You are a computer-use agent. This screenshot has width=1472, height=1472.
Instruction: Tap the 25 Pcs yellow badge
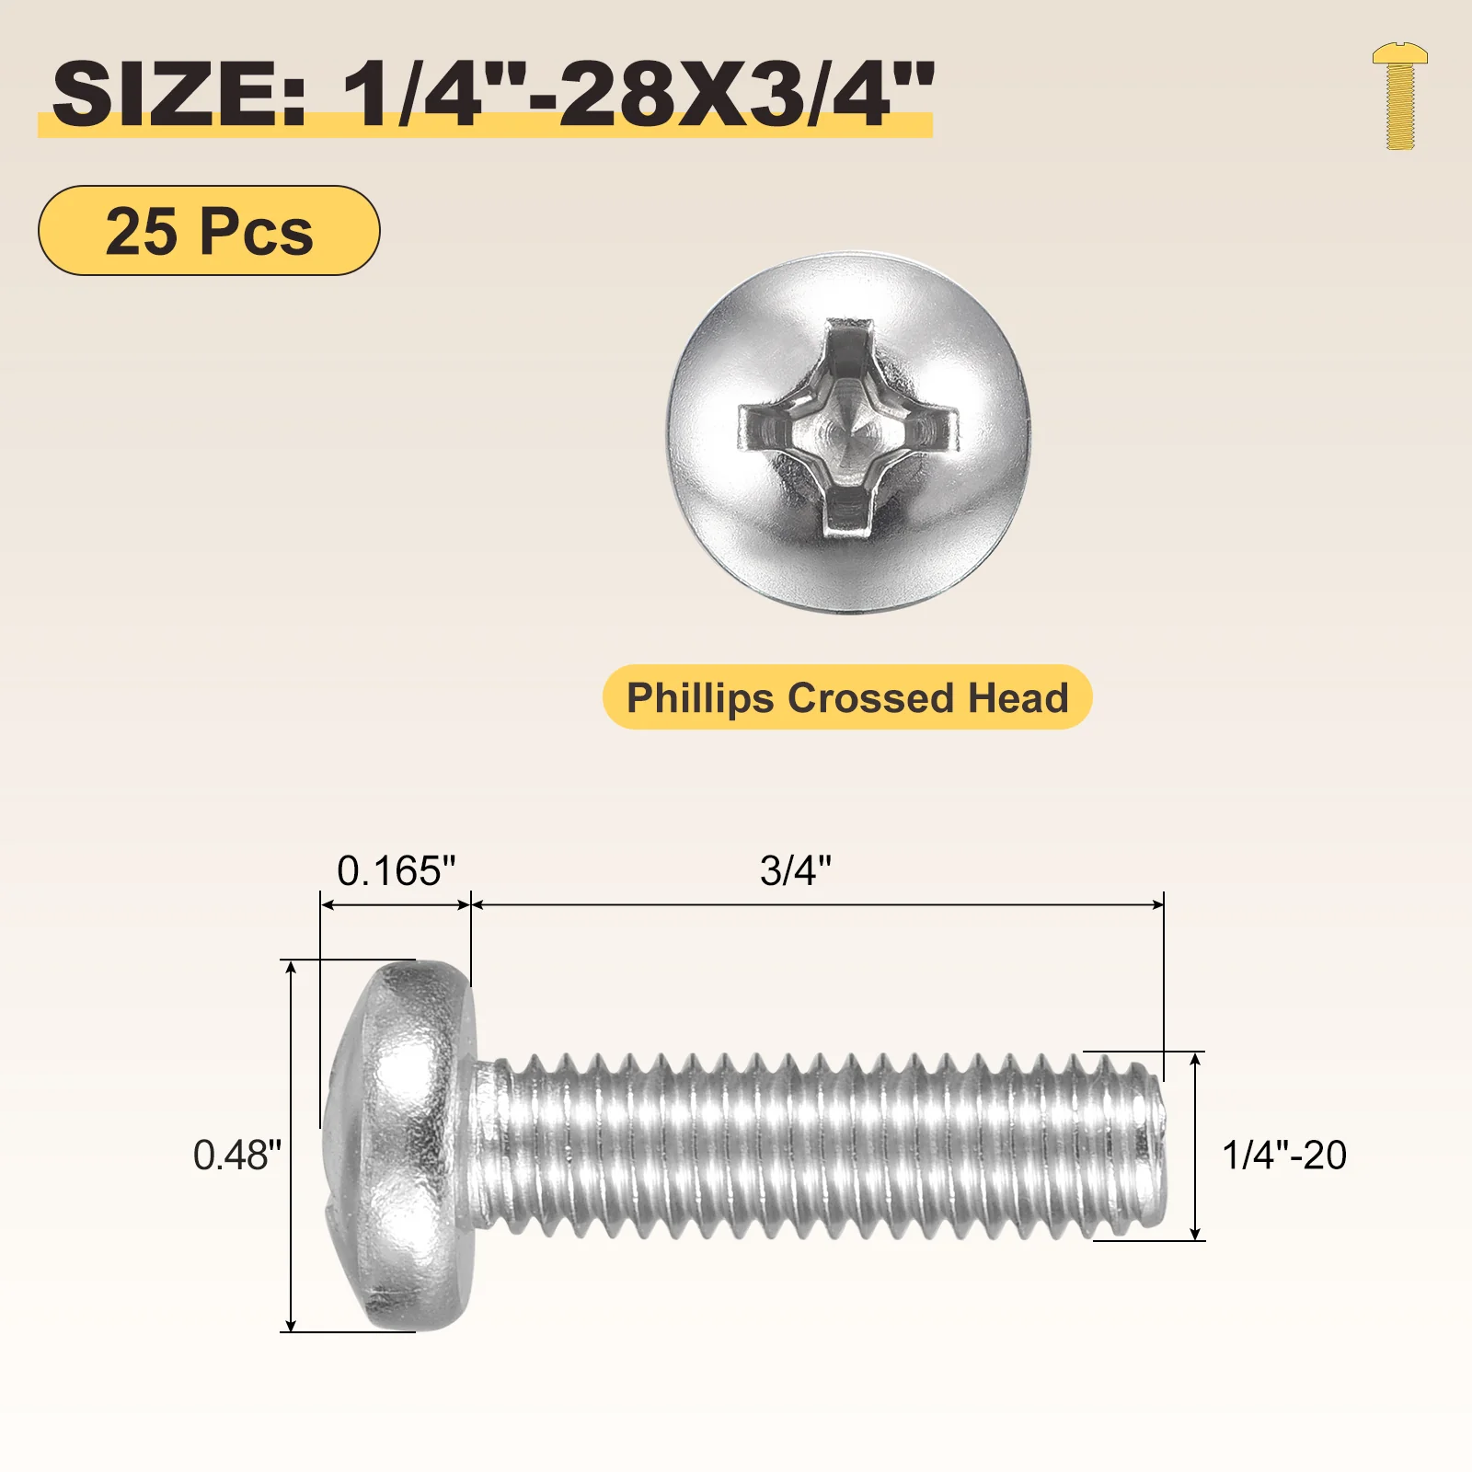pos(209,230)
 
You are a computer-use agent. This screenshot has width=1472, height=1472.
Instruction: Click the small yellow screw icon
pos(1399,96)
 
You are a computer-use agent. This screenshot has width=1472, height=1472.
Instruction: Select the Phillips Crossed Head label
pos(847,697)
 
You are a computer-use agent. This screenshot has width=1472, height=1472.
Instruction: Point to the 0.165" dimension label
pos(397,870)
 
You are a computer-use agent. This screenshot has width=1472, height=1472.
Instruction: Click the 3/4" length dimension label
pos(796,870)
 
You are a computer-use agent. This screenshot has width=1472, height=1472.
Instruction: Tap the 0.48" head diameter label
pos(237,1155)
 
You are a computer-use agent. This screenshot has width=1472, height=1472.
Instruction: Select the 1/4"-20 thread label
pos(1284,1155)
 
